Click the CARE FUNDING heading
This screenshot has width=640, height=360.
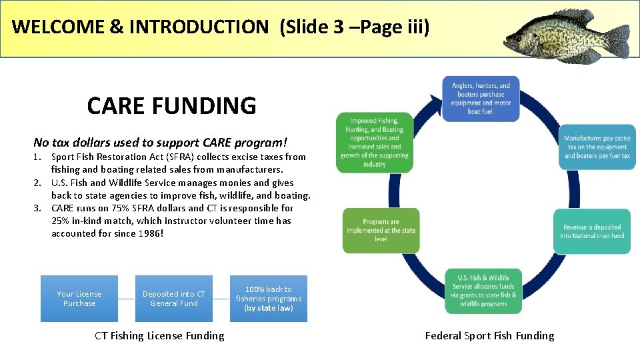(x=171, y=105)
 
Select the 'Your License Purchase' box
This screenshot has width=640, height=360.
(x=79, y=299)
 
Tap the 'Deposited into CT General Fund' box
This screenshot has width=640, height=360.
(x=174, y=299)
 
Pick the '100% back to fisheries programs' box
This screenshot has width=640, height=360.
(x=269, y=299)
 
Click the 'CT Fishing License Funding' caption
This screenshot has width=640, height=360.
(x=159, y=336)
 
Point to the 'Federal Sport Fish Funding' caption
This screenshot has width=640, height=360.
(x=489, y=336)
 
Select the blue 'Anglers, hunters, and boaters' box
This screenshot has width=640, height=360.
(x=481, y=98)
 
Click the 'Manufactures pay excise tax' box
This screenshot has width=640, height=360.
(x=597, y=147)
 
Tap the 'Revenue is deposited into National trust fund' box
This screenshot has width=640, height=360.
(x=592, y=231)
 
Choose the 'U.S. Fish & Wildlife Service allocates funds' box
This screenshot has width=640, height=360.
(x=483, y=291)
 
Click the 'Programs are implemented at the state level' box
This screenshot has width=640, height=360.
(x=381, y=231)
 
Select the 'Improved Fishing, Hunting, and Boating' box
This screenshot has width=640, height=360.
(x=375, y=143)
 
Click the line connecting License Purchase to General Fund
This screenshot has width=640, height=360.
(x=127, y=299)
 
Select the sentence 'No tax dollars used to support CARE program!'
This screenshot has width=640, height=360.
(x=160, y=142)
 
